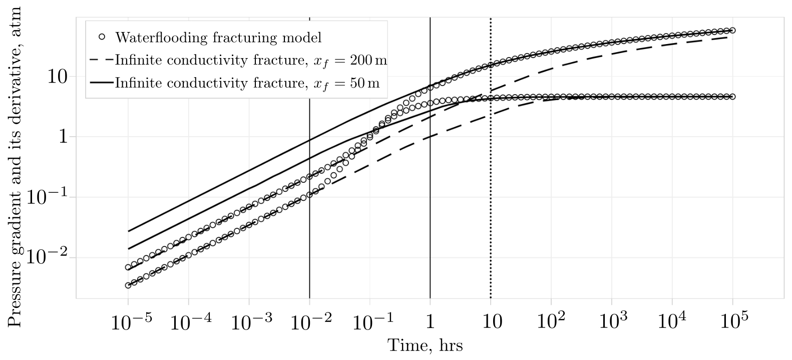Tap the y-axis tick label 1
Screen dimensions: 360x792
point(62,137)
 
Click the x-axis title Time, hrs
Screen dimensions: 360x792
point(425,345)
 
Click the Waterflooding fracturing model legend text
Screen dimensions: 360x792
point(218,38)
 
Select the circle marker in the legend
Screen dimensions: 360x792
point(102,37)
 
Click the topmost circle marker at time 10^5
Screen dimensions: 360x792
point(733,31)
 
